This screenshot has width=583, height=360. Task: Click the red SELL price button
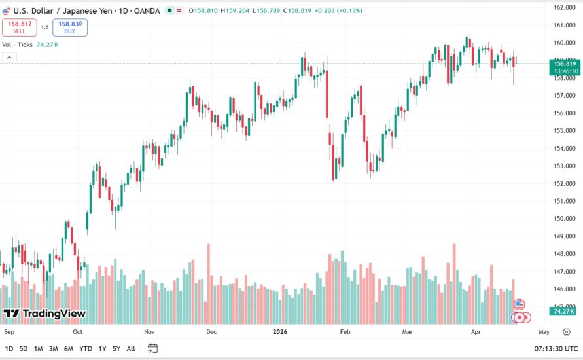(x=20, y=27)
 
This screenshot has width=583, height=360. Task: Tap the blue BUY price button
(x=70, y=27)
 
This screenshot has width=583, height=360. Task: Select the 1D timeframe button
(x=9, y=348)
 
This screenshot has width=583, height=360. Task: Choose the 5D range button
(x=24, y=348)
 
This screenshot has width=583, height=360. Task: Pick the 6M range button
(x=69, y=348)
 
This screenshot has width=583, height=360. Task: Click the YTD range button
(x=85, y=348)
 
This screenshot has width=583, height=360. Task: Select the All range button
(x=131, y=348)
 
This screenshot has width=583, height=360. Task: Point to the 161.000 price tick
(x=564, y=25)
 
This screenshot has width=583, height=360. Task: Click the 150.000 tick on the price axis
(x=564, y=219)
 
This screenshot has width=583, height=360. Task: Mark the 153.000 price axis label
(x=564, y=166)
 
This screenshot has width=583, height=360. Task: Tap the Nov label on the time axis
(x=150, y=332)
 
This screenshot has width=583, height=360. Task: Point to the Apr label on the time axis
(x=476, y=332)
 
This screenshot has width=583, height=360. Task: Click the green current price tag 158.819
(x=564, y=63)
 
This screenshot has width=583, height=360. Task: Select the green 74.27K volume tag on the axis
(x=563, y=312)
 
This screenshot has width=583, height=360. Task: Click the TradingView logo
(x=44, y=314)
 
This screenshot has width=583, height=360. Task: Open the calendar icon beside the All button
(x=152, y=348)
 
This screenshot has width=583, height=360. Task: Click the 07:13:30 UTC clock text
(x=556, y=348)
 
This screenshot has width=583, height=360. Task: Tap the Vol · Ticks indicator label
(x=17, y=45)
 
